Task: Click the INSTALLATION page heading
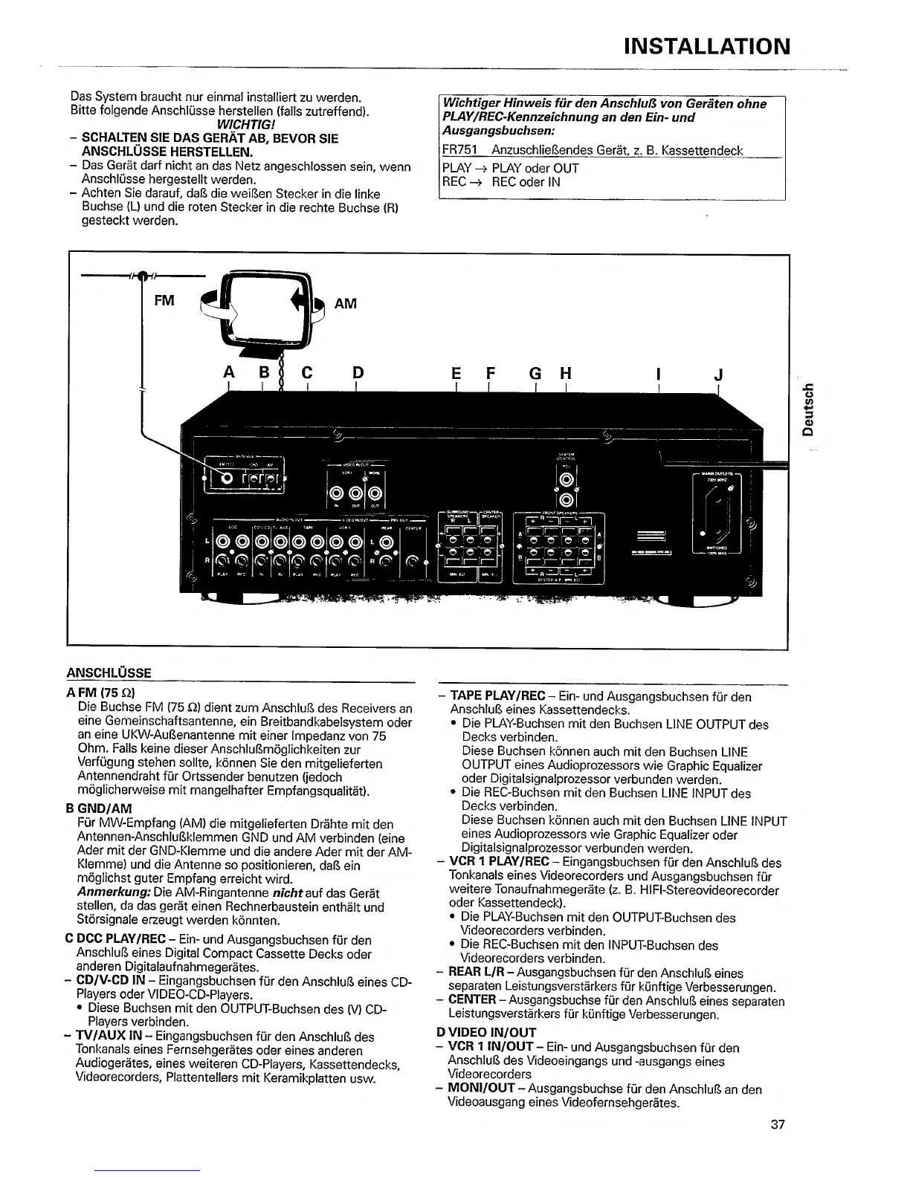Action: click(706, 46)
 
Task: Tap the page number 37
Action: click(778, 1124)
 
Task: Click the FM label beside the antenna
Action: click(164, 301)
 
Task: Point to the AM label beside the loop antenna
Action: click(346, 303)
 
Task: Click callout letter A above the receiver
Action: click(230, 373)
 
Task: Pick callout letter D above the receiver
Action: click(358, 373)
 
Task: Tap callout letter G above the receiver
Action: click(535, 373)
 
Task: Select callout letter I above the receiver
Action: click(659, 373)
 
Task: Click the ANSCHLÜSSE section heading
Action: click(109, 673)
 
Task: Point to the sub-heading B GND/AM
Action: click(99, 808)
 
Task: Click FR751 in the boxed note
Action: click(459, 151)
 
